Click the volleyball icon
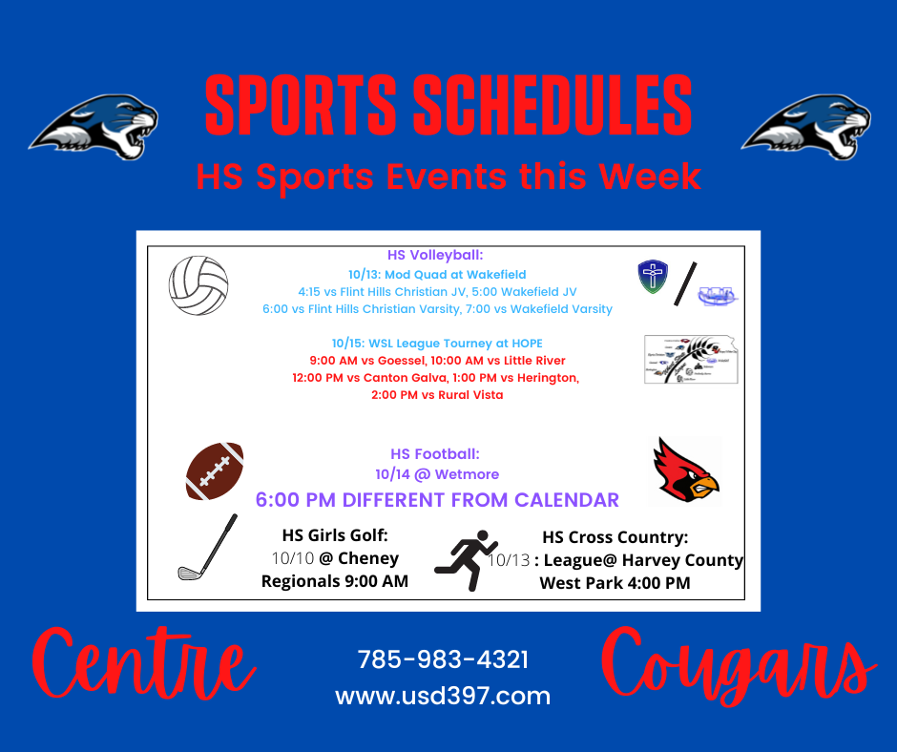pyautogui.click(x=198, y=285)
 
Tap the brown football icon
pyautogui.click(x=215, y=471)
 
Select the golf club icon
pyautogui.click(x=207, y=547)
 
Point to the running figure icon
pyautogui.click(x=467, y=560)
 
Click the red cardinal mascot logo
pyautogui.click(x=686, y=470)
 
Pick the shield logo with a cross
pyautogui.click(x=653, y=277)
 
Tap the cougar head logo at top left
pyautogui.click(x=94, y=127)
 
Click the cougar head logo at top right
pyautogui.click(x=806, y=127)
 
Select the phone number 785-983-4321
pyautogui.click(x=443, y=659)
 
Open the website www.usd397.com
pyautogui.click(x=443, y=696)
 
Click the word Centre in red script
pyautogui.click(x=143, y=664)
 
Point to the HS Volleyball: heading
pyautogui.click(x=435, y=255)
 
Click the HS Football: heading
pyautogui.click(x=435, y=454)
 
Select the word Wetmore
pyautogui.click(x=467, y=474)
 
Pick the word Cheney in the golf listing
pyautogui.click(x=368, y=558)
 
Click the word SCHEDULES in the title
pyautogui.click(x=553, y=106)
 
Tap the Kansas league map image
pyautogui.click(x=691, y=359)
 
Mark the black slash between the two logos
pyautogui.click(x=685, y=283)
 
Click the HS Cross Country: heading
pyautogui.click(x=615, y=537)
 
